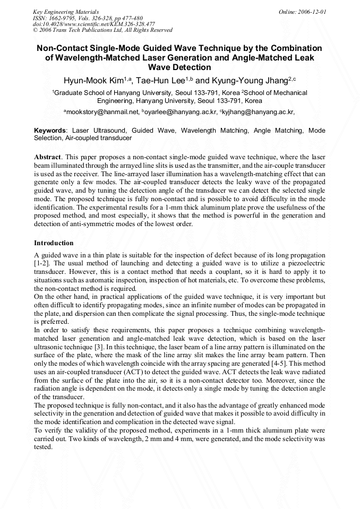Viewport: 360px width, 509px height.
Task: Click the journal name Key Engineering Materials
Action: pos(66,11)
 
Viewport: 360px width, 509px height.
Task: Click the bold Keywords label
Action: pos(50,130)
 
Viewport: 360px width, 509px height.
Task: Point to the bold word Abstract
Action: pos(48,158)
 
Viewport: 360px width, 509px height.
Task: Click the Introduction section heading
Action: pos(54,243)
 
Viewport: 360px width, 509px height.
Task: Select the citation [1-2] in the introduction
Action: pos(42,263)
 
